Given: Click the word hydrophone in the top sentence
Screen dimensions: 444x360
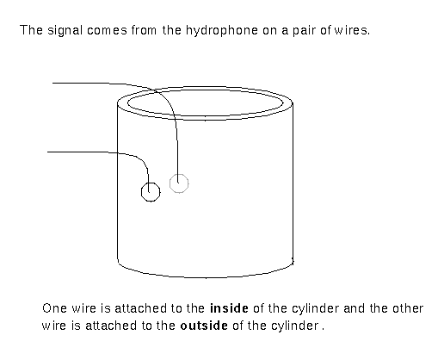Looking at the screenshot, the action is point(222,30).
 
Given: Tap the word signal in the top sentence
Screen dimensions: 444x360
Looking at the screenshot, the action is point(65,30).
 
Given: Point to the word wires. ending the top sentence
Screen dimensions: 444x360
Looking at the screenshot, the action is point(352,30).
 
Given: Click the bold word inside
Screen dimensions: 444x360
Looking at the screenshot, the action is point(229,308).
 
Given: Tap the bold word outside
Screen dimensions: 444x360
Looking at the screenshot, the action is point(204,326).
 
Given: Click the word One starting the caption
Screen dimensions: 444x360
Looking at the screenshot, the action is point(54,308).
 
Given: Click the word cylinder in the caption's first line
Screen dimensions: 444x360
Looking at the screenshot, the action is point(315,309).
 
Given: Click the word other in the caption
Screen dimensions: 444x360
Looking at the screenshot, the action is point(408,308).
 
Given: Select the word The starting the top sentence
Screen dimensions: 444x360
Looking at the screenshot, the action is point(31,30).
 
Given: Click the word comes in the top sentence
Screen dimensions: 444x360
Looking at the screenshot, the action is point(107,31).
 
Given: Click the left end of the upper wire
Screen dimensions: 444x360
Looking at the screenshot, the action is point(52,84).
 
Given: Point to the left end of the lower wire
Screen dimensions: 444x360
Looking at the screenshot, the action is point(47,152).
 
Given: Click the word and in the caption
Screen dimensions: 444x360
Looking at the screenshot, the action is point(354,308).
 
